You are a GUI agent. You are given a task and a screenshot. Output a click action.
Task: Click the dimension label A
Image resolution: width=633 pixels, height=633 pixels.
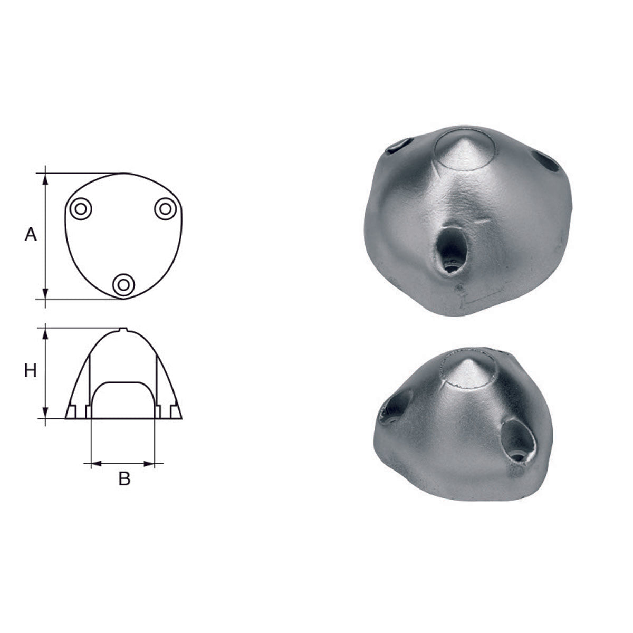31,234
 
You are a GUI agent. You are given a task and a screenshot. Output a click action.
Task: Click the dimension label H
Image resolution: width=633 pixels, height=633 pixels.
31,371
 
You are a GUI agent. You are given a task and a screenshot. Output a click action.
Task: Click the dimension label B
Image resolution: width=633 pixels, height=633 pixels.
124,479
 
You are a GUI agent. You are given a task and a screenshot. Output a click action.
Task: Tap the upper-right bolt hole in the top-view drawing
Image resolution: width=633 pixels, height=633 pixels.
165,208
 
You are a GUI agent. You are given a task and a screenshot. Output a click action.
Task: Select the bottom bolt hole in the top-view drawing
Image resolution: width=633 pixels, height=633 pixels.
123,285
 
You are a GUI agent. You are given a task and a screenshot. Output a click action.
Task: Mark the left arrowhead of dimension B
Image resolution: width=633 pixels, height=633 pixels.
95,464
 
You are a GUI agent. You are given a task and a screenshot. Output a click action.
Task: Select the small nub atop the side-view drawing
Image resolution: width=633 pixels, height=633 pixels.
123,330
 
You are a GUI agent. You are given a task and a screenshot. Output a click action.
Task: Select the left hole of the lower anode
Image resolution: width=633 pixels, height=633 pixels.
393,409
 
